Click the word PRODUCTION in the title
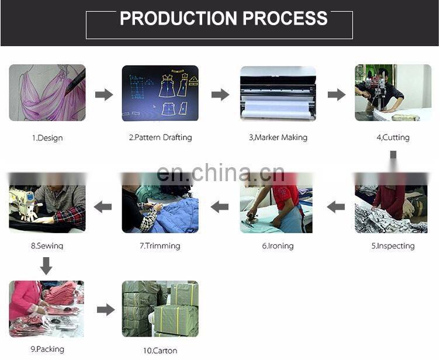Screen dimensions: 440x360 tap(178, 18)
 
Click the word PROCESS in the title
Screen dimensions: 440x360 tap(285, 18)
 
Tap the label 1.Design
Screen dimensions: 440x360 tap(47, 138)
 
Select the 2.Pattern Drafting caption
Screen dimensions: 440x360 tap(160, 137)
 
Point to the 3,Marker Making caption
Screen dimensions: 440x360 tap(278, 137)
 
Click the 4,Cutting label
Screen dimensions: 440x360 tap(393, 137)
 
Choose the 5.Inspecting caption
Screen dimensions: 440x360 tap(393, 246)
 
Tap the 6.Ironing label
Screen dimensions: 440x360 tap(278, 246)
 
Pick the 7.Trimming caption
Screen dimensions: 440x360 tap(160, 246)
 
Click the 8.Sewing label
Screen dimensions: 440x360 tap(47, 246)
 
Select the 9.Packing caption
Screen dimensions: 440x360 tap(47, 349)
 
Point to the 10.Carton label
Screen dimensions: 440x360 tap(160, 351)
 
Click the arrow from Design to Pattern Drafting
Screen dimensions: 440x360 tap(104, 95)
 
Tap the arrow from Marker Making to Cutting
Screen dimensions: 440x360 tap(337, 95)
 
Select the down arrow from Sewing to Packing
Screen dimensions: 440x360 tap(46, 266)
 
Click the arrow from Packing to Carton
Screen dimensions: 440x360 tap(106, 310)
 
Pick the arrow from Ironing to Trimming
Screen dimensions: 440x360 tap(220, 207)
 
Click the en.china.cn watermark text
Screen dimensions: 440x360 tap(220, 173)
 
